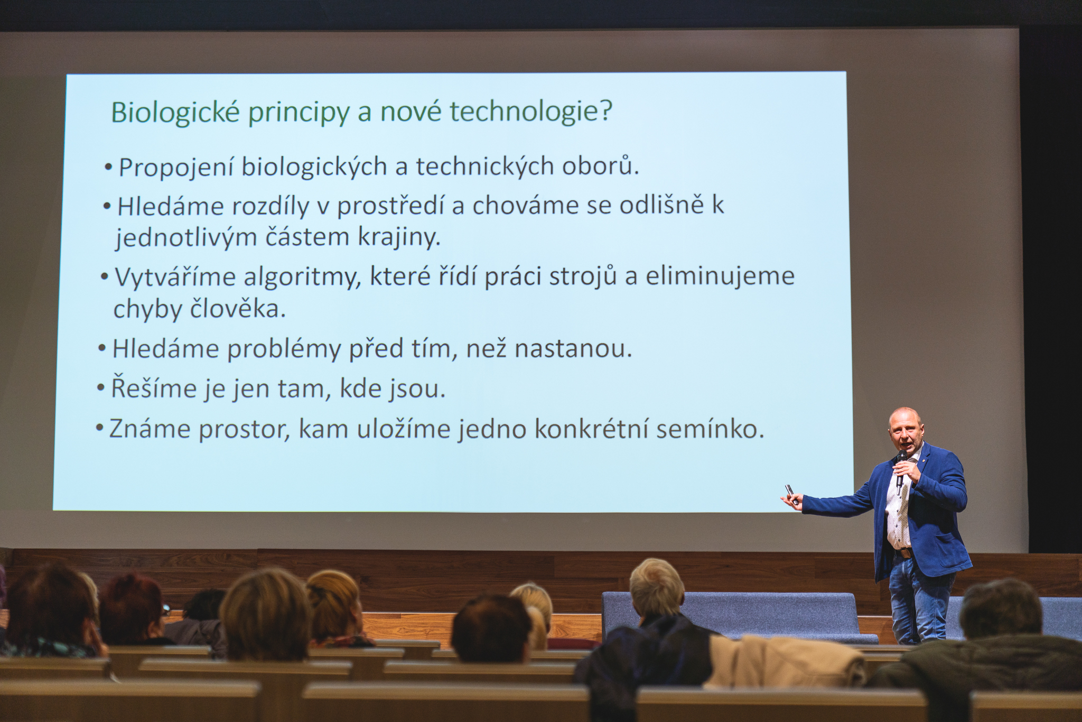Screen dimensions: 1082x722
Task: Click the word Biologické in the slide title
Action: tap(175, 112)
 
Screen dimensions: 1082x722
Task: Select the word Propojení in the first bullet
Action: tap(176, 168)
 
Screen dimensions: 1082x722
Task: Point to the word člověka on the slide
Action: tap(237, 309)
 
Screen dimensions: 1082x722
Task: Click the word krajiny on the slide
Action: tap(399, 237)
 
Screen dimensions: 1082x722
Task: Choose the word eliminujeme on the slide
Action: tap(720, 276)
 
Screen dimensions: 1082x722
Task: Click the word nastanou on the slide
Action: tap(573, 349)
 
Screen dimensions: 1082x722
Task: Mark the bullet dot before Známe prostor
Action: tap(99, 427)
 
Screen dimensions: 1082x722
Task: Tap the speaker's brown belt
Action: tap(904, 553)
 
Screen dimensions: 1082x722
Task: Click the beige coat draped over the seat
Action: tap(784, 661)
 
